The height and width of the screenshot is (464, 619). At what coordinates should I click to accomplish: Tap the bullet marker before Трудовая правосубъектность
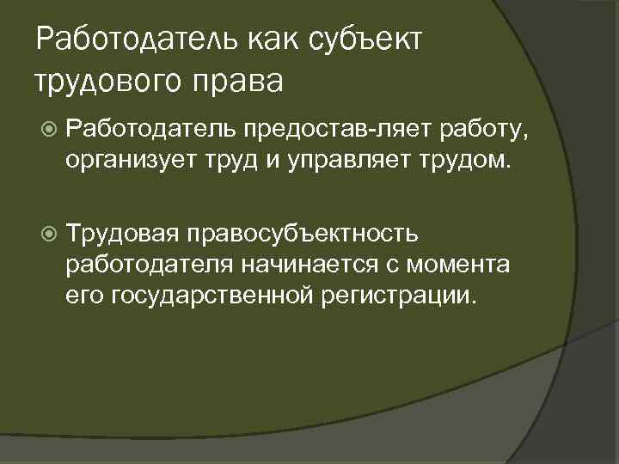[x=48, y=232]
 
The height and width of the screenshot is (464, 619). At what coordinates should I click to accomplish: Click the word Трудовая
[x=123, y=232]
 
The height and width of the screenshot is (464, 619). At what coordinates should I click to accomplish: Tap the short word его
[x=84, y=296]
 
